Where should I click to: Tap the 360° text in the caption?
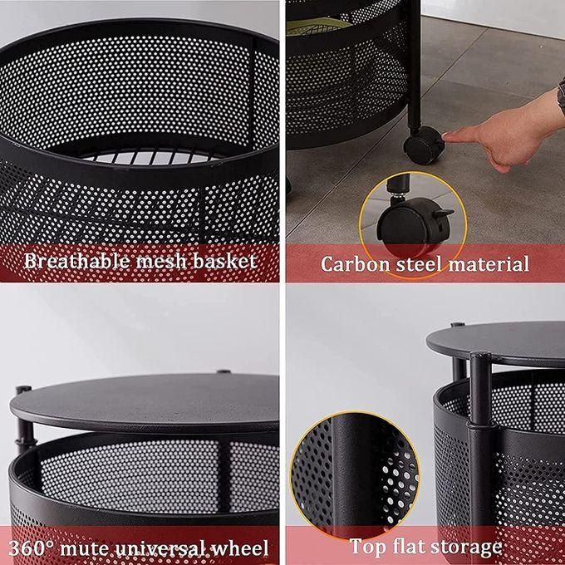tap(32, 548)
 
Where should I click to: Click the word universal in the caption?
tap(163, 548)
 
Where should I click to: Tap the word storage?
tap(470, 547)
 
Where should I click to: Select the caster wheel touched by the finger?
tap(422, 148)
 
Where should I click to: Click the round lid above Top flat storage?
tap(507, 343)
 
